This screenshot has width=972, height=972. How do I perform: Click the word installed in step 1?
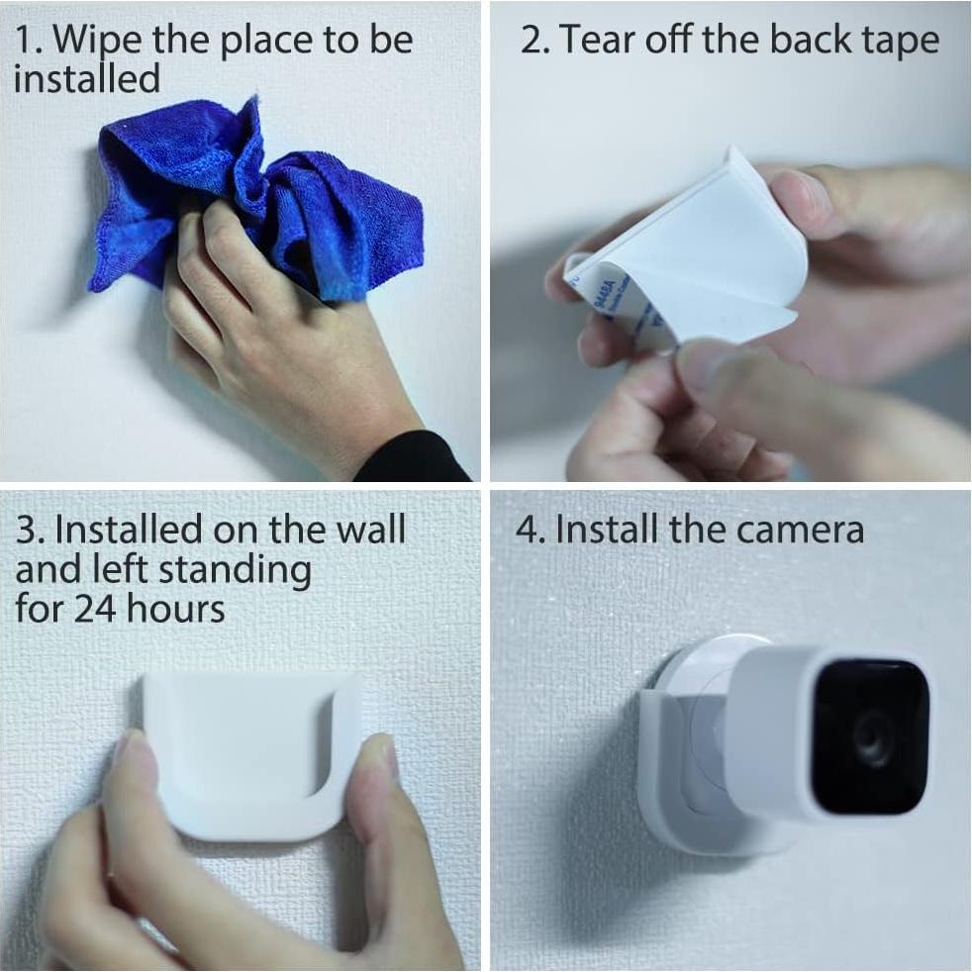[x=86, y=79]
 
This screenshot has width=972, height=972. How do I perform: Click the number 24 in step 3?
[x=97, y=608]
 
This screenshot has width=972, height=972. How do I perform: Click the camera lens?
[x=871, y=737]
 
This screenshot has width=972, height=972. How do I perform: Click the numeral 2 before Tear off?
[x=532, y=41]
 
